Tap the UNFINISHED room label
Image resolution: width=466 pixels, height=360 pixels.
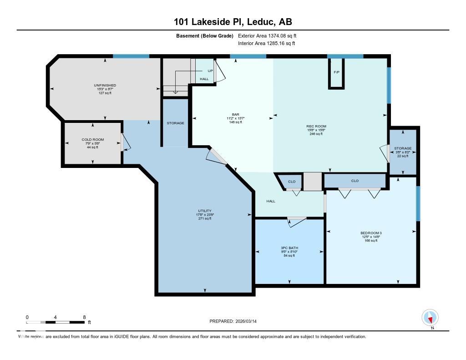[105, 85]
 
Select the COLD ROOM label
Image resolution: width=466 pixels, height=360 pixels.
[93, 139]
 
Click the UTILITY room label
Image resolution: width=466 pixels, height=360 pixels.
[205, 211]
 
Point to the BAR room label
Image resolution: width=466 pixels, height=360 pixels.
[235, 114]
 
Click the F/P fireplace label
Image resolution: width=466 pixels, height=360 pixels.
[337, 72]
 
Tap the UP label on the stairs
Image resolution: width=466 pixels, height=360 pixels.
[210, 71]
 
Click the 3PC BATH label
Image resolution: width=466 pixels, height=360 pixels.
[289, 248]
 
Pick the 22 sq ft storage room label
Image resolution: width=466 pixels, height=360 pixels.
[403, 148]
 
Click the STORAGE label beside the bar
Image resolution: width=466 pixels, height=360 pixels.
[176, 123]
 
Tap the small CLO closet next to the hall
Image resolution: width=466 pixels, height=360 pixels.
[292, 182]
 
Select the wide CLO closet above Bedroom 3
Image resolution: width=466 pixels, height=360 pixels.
[355, 181]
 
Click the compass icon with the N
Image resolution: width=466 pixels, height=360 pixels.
[430, 317]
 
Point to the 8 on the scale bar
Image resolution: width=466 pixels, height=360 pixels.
[84, 317]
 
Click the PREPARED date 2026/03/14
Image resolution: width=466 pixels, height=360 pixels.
[236, 321]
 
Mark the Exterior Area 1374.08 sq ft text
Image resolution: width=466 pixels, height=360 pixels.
[267, 35]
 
